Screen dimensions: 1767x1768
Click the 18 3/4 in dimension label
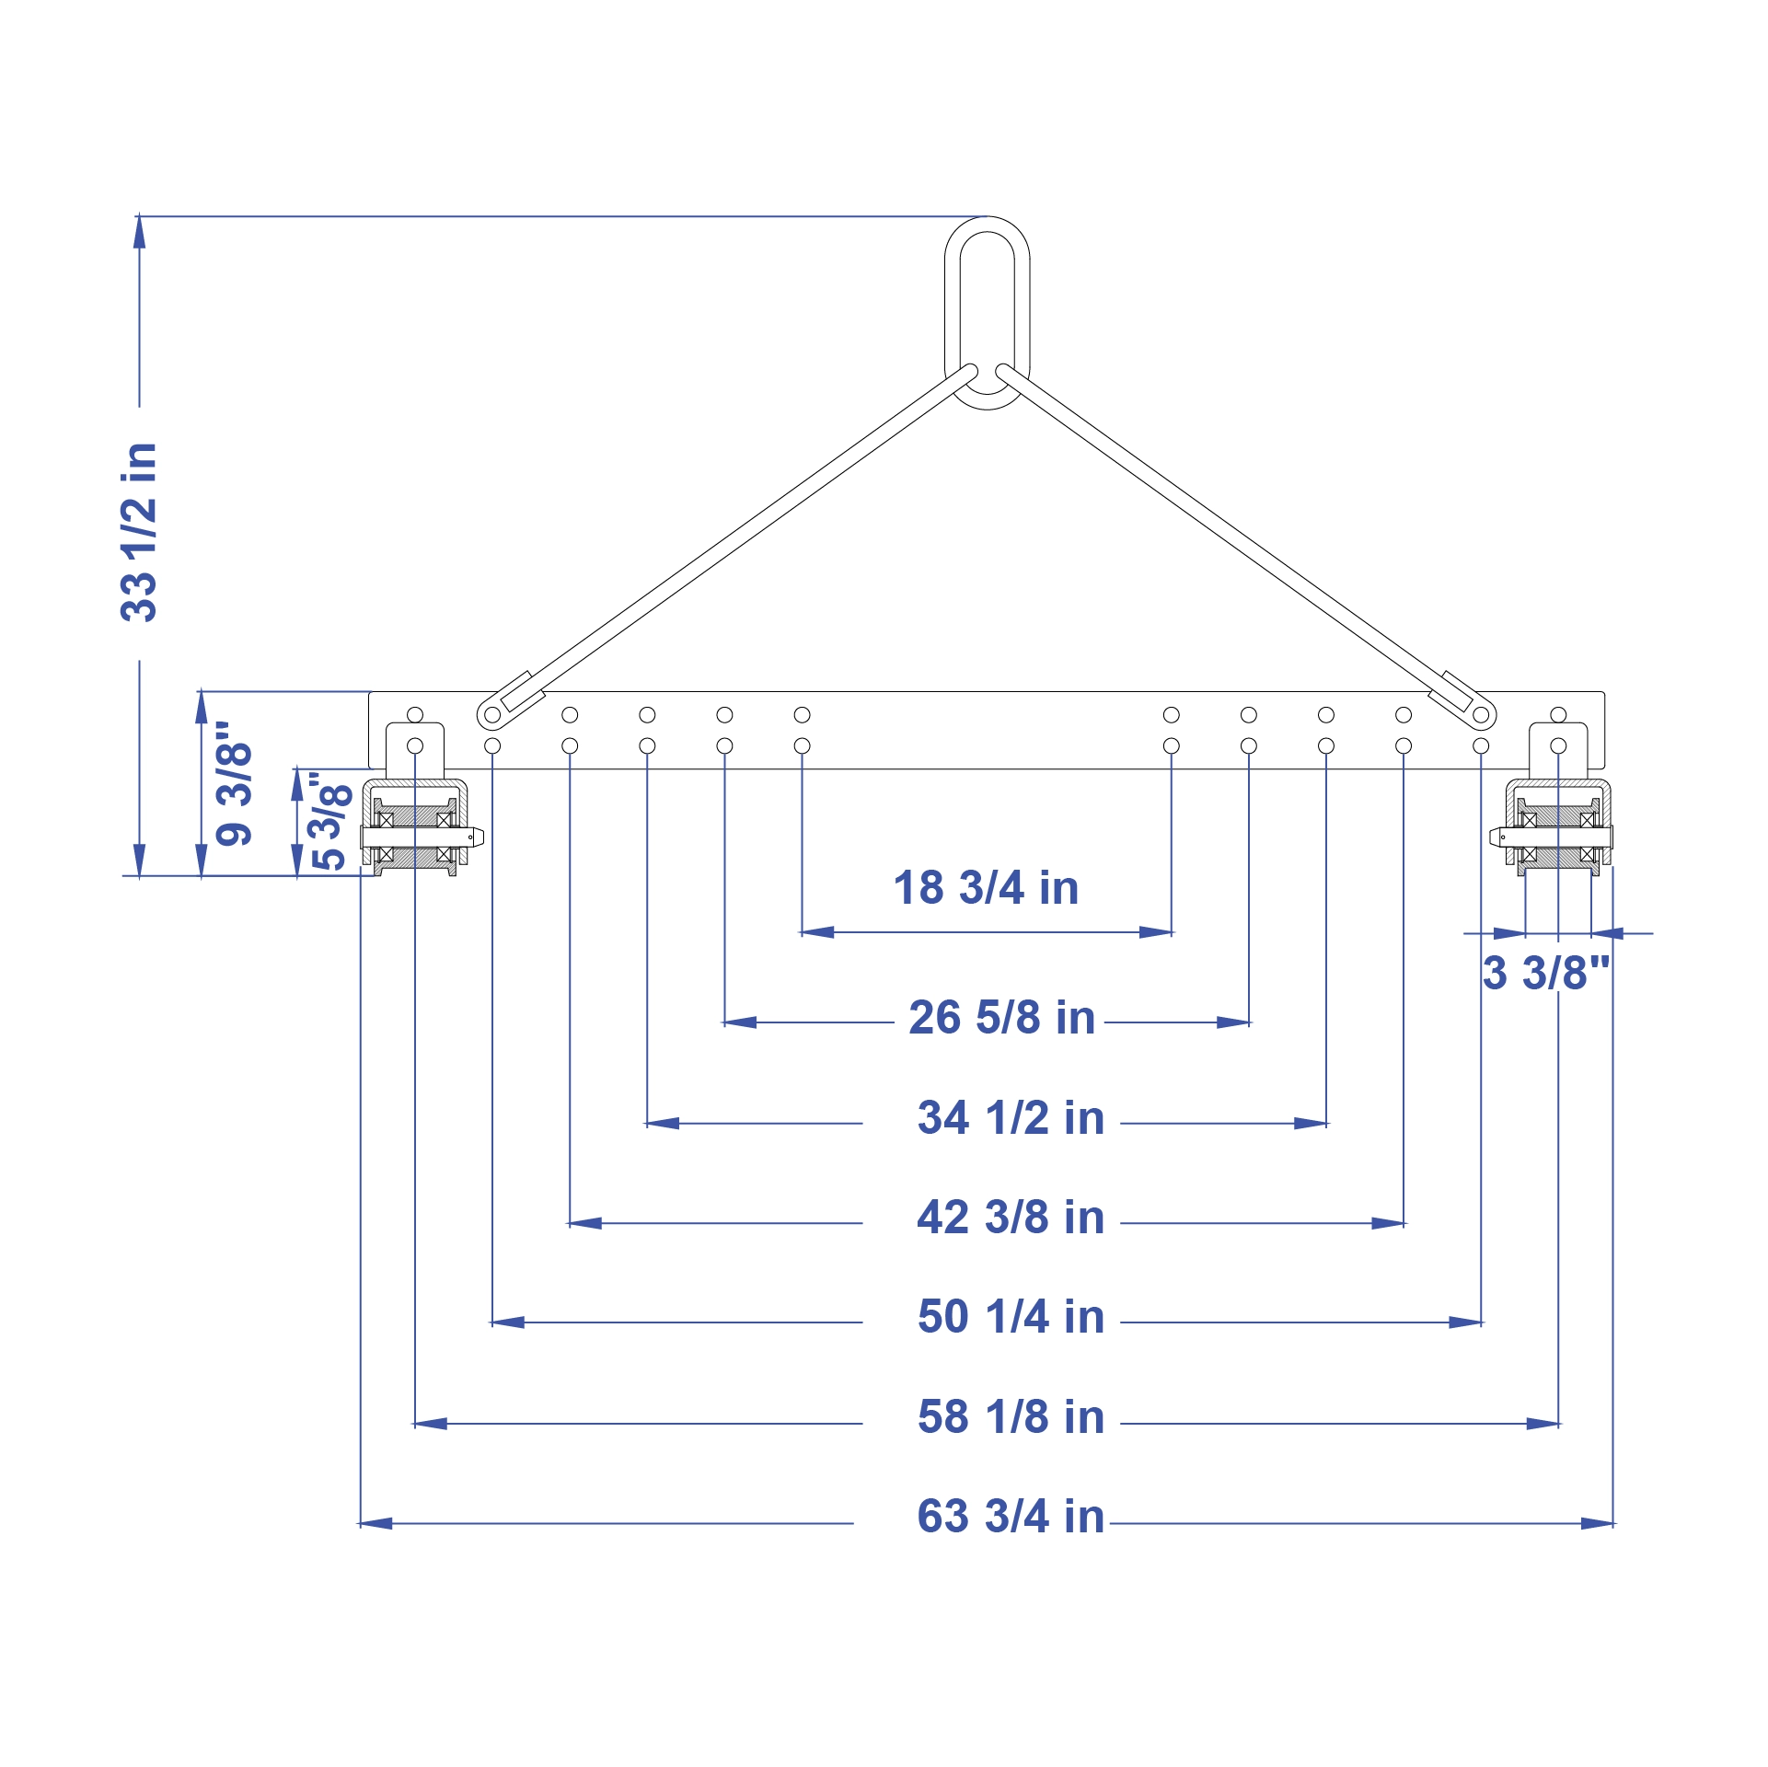pyautogui.click(x=986, y=888)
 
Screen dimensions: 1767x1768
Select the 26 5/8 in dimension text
pyautogui.click(x=1001, y=1018)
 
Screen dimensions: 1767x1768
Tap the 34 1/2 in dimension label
pyautogui.click(x=1011, y=1118)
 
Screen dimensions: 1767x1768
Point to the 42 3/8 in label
pyautogui.click(x=1011, y=1218)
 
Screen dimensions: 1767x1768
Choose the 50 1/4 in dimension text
pyautogui.click(x=1011, y=1317)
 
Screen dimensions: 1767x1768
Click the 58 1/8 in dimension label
pyautogui.click(x=1011, y=1417)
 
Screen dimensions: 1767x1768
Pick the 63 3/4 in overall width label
pyautogui.click(x=1011, y=1517)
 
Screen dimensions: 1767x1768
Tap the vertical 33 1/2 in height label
pyautogui.click(x=140, y=532)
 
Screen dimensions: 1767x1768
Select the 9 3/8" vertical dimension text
pyautogui.click(x=235, y=783)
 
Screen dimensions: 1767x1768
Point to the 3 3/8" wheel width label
pyautogui.click(x=1546, y=974)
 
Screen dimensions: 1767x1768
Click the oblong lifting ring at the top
pyautogui.click(x=987, y=313)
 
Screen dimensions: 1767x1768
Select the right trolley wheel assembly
pyautogui.click(x=1555, y=827)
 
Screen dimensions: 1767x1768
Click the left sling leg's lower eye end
pyautogui.click(x=493, y=714)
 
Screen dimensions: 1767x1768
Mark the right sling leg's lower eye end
pyautogui.click(x=1479, y=714)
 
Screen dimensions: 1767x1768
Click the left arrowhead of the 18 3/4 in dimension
pyautogui.click(x=815, y=932)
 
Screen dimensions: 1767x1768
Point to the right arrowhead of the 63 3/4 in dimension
pyautogui.click(x=1598, y=1523)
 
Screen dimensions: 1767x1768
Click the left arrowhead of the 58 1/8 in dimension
pyautogui.click(x=430, y=1424)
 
